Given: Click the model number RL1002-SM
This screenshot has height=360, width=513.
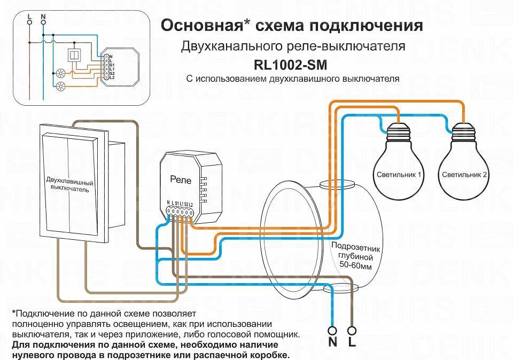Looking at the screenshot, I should pyautogui.click(x=291, y=65).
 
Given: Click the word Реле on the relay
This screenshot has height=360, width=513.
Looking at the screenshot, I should pyautogui.click(x=180, y=179).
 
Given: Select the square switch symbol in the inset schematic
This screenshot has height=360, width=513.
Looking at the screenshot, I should pyautogui.click(x=73, y=55).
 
